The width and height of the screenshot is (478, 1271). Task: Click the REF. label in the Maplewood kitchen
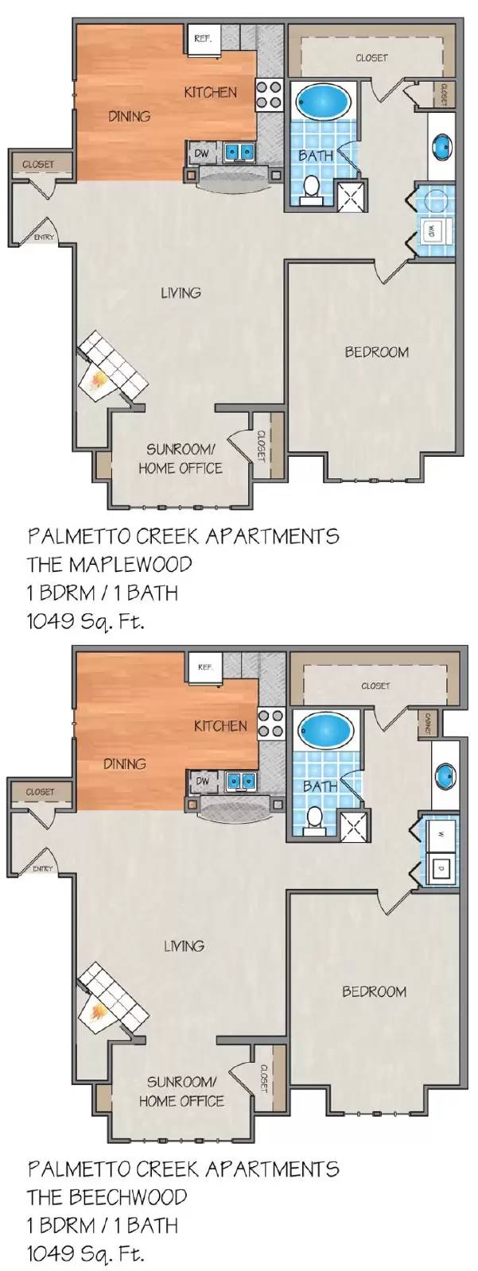pyautogui.click(x=202, y=38)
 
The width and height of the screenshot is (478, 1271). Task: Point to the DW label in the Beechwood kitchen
pyautogui.click(x=203, y=782)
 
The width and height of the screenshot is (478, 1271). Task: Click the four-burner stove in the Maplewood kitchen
pyautogui.click(x=270, y=95)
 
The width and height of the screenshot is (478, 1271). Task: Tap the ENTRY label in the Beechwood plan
pyautogui.click(x=43, y=868)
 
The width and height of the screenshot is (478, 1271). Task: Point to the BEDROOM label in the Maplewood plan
pyautogui.click(x=376, y=352)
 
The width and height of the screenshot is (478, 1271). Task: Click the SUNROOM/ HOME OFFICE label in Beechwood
pyautogui.click(x=181, y=1091)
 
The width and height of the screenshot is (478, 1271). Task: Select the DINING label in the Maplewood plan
pyautogui.click(x=129, y=117)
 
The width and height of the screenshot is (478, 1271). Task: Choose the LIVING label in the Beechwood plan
pyautogui.click(x=184, y=946)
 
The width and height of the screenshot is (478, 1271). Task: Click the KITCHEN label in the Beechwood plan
pyautogui.click(x=220, y=725)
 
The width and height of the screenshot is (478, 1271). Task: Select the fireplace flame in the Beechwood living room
pyautogui.click(x=98, y=1013)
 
